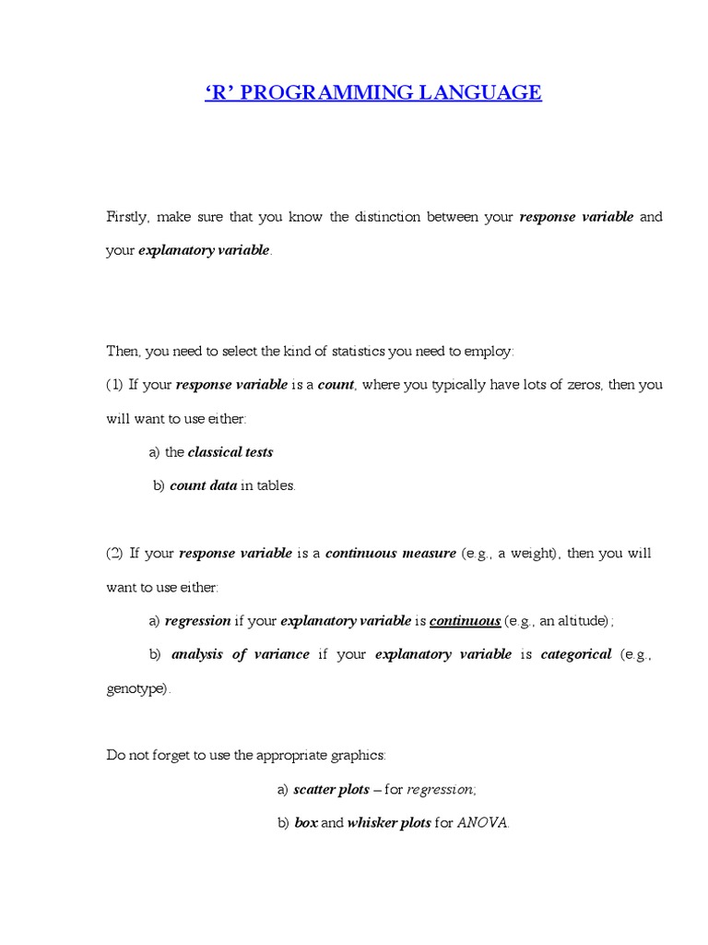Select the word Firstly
127,217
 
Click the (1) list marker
114,385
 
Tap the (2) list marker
114,554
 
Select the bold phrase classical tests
230,452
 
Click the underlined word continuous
465,621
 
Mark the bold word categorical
576,654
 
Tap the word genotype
136,689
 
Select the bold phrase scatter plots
331,789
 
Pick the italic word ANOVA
482,822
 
